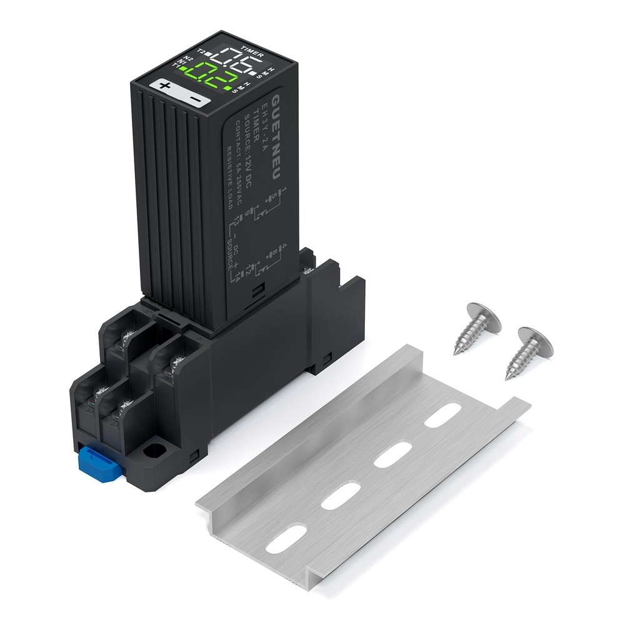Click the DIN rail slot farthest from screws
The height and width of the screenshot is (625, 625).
pos(286,537)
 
